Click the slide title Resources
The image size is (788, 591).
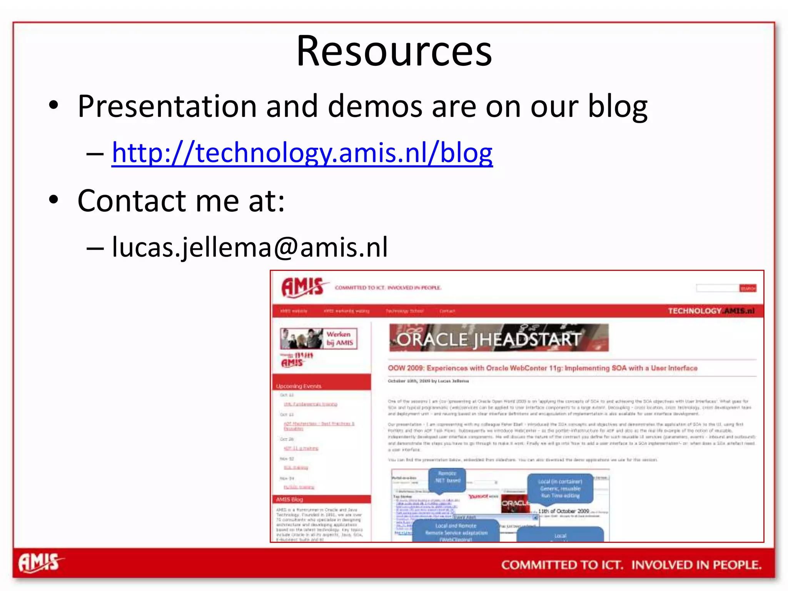tap(394, 51)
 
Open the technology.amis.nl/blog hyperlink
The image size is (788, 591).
tap(302, 153)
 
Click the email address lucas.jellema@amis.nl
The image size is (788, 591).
tap(250, 247)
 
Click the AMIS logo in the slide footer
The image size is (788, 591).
tap(40, 563)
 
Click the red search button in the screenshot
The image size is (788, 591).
tap(747, 288)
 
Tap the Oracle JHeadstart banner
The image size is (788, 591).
tap(499, 338)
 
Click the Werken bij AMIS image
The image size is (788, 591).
tap(319, 339)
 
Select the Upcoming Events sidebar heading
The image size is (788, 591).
tap(299, 386)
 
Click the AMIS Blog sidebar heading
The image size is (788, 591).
tap(289, 499)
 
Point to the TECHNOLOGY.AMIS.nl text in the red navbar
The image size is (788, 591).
tap(711, 311)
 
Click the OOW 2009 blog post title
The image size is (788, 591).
tap(543, 368)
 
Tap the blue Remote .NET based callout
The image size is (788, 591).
tap(447, 477)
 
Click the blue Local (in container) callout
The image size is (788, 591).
tap(560, 488)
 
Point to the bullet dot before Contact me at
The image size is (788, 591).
tap(53, 200)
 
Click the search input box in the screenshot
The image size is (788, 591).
tap(717, 288)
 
